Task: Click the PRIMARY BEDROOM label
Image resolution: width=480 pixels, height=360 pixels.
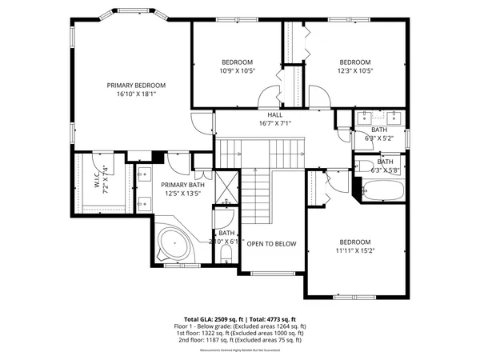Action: tap(136, 86)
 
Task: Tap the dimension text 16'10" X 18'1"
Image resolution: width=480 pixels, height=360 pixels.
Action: tap(136, 94)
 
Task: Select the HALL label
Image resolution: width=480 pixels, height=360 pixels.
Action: tap(275, 115)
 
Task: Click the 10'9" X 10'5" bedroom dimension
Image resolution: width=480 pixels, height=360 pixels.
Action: tap(237, 70)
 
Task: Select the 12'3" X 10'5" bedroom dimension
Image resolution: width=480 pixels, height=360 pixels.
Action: tap(355, 70)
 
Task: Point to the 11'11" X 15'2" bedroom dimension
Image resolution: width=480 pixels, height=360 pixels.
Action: tap(355, 250)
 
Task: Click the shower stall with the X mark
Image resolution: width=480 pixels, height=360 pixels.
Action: tap(227, 188)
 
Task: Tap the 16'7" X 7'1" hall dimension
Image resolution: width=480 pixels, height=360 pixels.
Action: tap(275, 123)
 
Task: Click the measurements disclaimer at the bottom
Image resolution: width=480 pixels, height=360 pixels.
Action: tap(239, 350)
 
